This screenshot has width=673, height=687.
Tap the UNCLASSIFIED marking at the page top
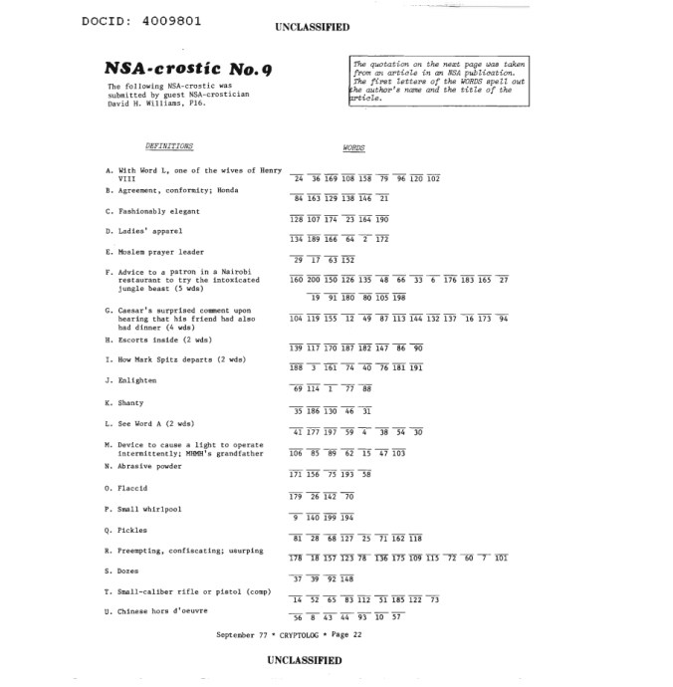pyautogui.click(x=310, y=28)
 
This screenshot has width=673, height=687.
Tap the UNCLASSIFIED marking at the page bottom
pyautogui.click(x=304, y=659)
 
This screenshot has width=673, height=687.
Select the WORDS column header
pyautogui.click(x=353, y=148)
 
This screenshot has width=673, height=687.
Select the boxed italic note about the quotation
pyautogui.click(x=434, y=81)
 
